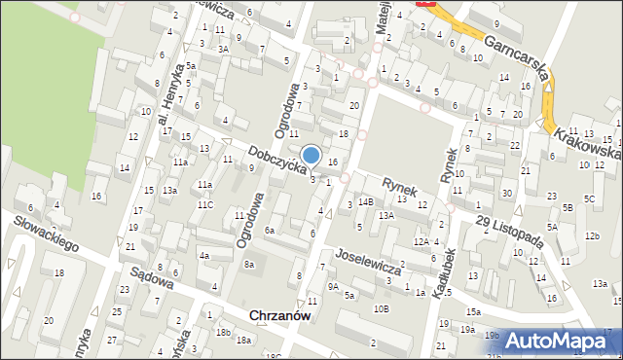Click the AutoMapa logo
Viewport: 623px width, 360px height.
(x=565, y=341)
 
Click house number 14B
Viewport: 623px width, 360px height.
(x=365, y=201)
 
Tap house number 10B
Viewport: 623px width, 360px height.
(x=381, y=308)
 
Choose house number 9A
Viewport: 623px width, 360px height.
(x=333, y=286)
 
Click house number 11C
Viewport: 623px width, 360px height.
(x=205, y=204)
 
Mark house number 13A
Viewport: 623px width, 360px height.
(x=386, y=216)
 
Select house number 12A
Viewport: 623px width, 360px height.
(x=421, y=241)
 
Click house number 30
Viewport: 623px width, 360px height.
(x=506, y=194)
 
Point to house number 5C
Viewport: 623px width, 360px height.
(x=590, y=199)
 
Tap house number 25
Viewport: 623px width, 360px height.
(x=117, y=311)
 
